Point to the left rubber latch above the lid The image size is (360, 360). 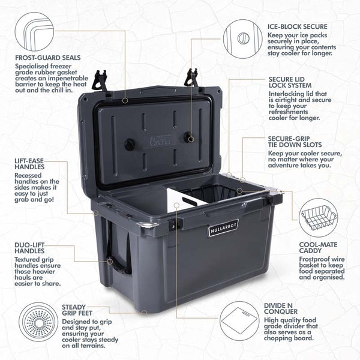click(101, 81)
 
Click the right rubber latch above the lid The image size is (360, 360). click(193, 77)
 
